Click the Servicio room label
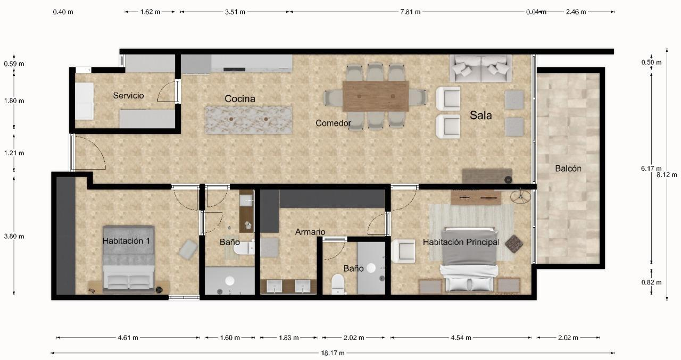[x=128, y=96]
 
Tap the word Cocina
[x=239, y=99]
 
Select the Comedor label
[x=333, y=123]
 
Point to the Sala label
[x=480, y=115]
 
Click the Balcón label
[x=568, y=169]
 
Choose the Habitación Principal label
[x=461, y=242]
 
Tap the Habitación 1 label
[x=126, y=241]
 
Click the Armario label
[x=310, y=232]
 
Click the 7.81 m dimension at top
[x=410, y=12]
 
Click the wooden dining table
[x=376, y=96]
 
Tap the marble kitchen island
[x=249, y=120]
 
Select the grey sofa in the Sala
[x=481, y=68]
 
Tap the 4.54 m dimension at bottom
[x=461, y=338]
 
